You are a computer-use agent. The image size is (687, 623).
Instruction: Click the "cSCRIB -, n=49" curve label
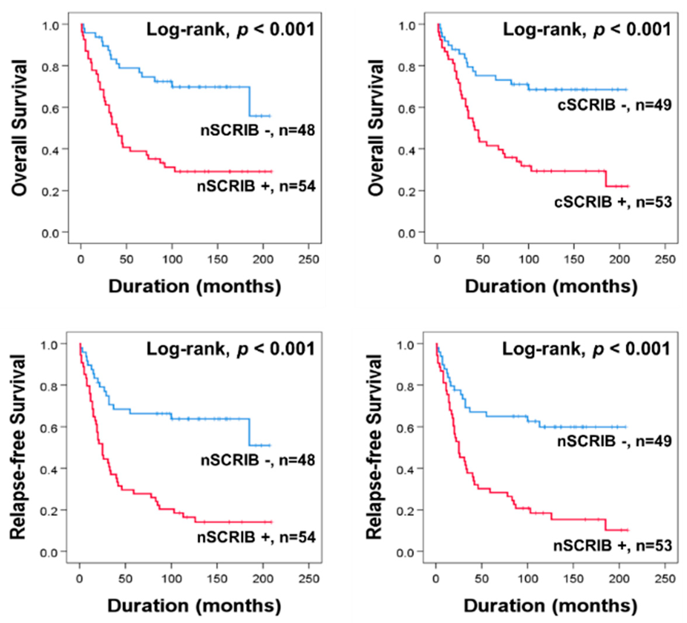(614, 105)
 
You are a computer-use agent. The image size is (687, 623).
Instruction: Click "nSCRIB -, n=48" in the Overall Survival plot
(257, 130)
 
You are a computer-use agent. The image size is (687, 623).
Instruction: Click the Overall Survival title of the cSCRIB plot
(376, 128)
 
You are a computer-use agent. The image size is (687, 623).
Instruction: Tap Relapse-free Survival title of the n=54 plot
(18, 447)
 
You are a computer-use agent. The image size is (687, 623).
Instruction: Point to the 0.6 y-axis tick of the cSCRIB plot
(406, 107)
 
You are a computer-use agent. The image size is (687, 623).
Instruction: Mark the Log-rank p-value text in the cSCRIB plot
(587, 30)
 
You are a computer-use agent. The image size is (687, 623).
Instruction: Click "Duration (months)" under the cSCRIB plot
(551, 286)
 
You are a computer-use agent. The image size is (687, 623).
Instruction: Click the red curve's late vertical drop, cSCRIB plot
(606, 179)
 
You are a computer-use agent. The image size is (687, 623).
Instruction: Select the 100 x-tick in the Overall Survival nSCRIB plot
(172, 260)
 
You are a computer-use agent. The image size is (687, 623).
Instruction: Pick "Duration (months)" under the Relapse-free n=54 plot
(195, 606)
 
